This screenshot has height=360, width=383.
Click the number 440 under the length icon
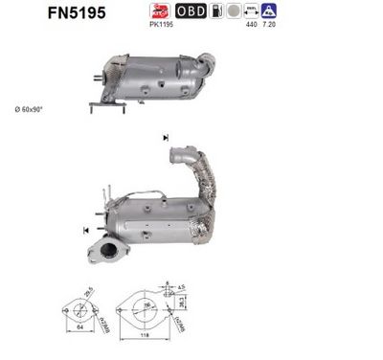[252, 26]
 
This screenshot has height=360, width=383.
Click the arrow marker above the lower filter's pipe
[168, 139]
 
